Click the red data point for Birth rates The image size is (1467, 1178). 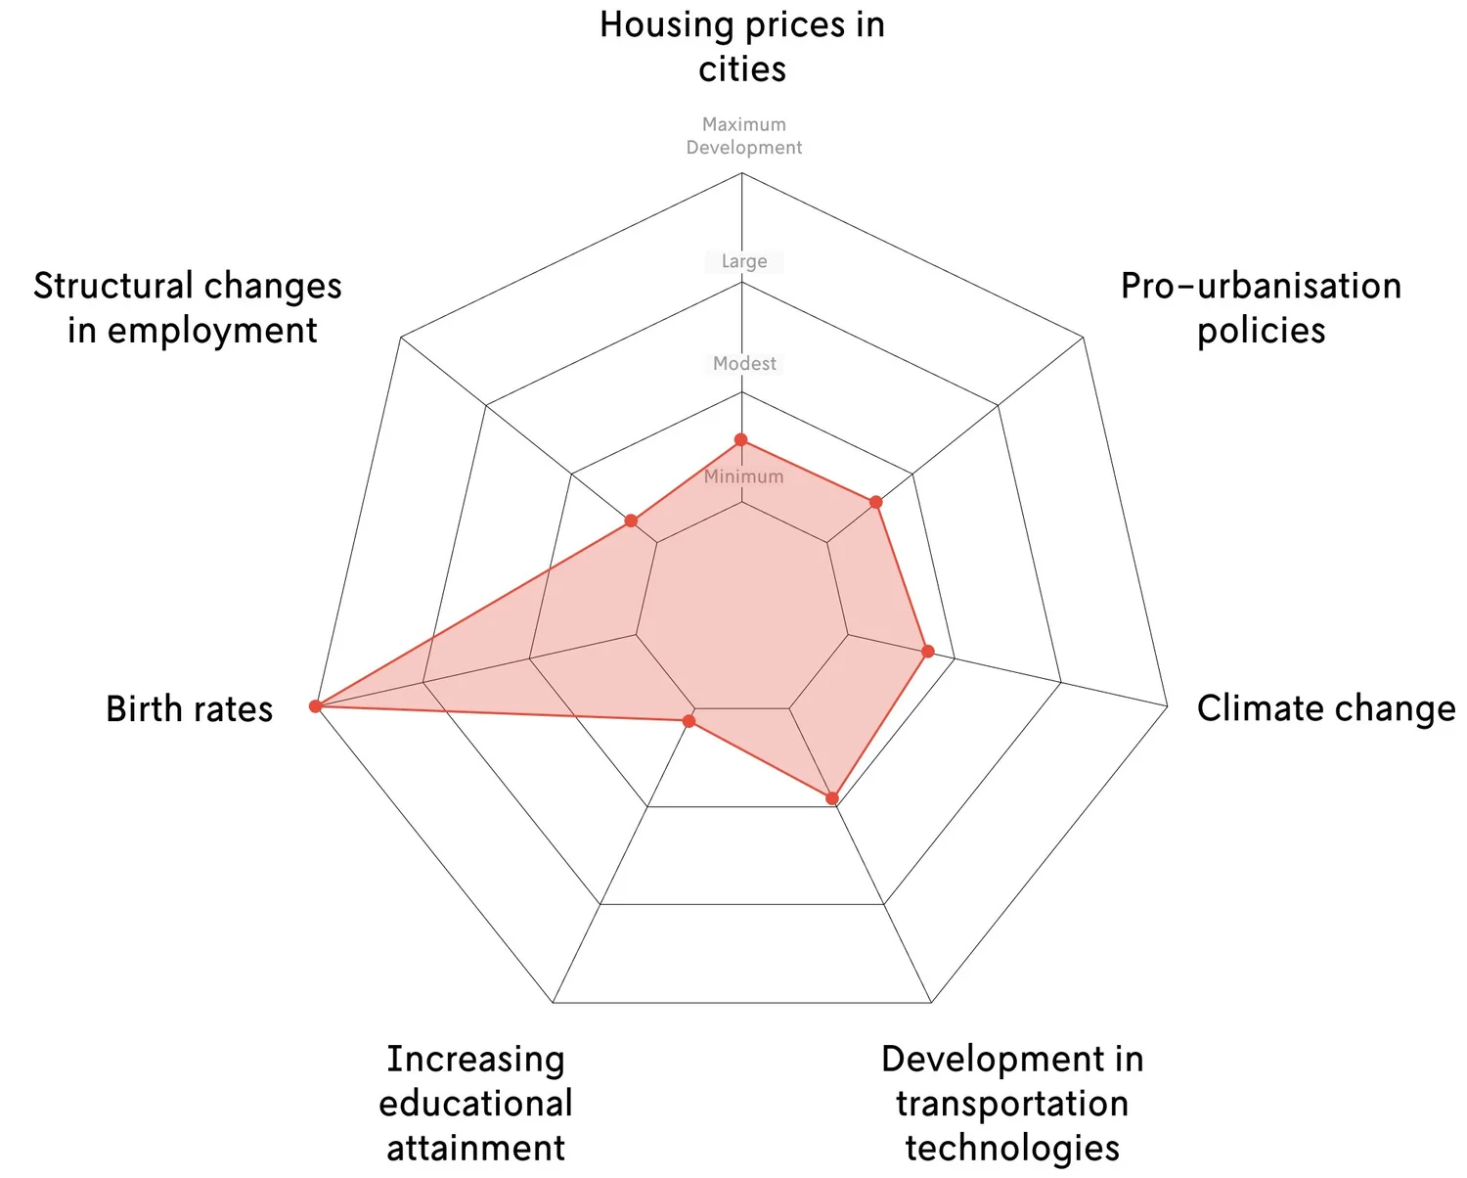(x=315, y=705)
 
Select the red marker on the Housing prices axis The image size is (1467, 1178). (x=741, y=440)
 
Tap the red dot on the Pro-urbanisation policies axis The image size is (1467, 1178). (x=876, y=502)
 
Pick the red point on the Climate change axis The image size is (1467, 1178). (x=928, y=651)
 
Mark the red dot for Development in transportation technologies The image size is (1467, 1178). (x=832, y=798)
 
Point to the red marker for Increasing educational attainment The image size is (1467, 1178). (x=689, y=721)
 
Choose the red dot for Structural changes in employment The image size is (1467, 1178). (x=631, y=521)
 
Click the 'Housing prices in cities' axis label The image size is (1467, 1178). (x=742, y=47)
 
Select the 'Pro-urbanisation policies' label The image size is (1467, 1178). (x=1261, y=307)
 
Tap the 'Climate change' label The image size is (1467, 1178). (x=1325, y=708)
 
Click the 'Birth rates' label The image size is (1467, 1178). (x=189, y=708)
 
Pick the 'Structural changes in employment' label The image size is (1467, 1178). (x=189, y=307)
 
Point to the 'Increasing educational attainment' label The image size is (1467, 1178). (x=475, y=1103)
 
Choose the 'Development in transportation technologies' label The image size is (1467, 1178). (x=1012, y=1103)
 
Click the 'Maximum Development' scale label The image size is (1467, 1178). (x=743, y=136)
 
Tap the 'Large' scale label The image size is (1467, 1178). (x=744, y=261)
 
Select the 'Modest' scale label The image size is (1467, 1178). (x=744, y=363)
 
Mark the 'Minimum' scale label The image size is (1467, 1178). (x=743, y=476)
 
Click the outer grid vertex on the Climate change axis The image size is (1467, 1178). (x=1168, y=705)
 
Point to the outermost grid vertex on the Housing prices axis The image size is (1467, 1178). (x=741, y=173)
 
